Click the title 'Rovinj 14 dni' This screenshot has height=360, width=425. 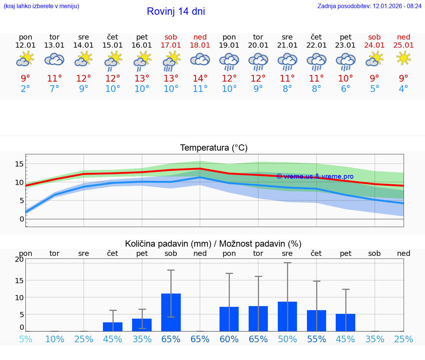point(176,11)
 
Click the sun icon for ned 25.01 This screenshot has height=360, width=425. point(404,58)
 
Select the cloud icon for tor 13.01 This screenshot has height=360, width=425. point(54,59)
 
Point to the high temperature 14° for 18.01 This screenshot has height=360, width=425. point(200,79)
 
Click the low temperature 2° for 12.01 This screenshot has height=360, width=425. point(25,89)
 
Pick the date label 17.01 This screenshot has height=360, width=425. point(171,45)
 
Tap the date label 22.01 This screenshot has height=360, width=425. point(316,45)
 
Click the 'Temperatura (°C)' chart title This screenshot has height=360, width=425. point(214,148)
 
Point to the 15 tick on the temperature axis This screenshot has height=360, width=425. point(19,164)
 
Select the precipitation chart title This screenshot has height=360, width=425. point(213,244)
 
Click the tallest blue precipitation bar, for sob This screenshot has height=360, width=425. point(171,312)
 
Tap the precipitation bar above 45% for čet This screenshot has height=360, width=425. point(113,327)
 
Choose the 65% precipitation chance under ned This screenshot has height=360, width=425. point(200,339)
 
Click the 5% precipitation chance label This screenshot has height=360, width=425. point(25,339)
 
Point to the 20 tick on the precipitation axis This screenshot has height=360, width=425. point(19,259)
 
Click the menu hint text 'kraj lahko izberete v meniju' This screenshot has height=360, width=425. point(41,6)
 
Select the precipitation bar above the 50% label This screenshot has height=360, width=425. point(287,316)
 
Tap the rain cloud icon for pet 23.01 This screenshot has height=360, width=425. point(345,61)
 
